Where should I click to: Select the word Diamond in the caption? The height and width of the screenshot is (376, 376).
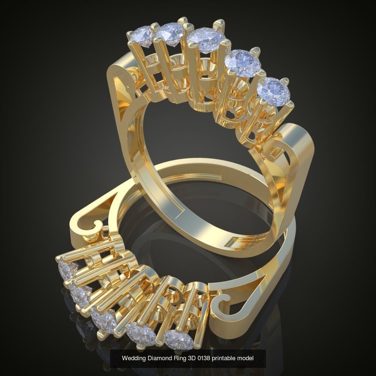[157, 358]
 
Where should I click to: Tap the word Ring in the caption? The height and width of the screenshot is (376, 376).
[176, 358]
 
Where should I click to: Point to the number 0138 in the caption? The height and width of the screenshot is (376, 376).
[199, 358]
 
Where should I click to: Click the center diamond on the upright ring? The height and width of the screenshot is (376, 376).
[206, 40]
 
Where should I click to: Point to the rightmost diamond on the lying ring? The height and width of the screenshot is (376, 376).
[178, 339]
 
